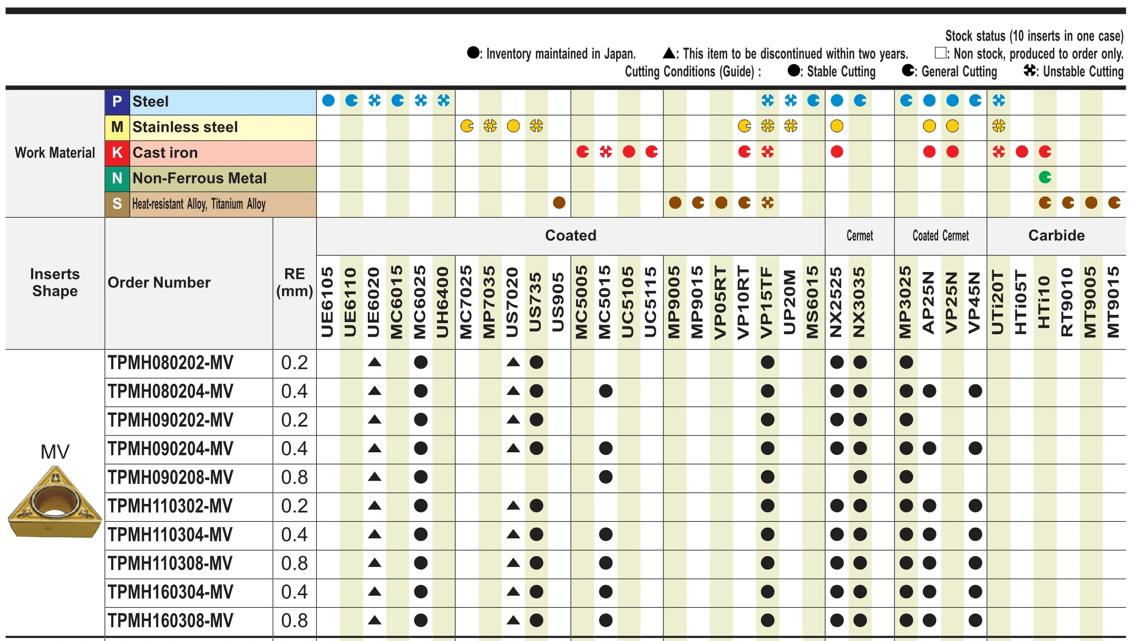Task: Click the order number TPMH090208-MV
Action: point(170,478)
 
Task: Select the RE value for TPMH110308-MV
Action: point(294,564)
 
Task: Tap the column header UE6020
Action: point(374,302)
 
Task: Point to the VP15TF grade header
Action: point(767,302)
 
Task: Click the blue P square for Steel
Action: point(117,102)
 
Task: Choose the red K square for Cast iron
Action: point(117,153)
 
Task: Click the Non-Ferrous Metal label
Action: point(199,179)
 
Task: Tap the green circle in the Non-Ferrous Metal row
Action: point(1045,178)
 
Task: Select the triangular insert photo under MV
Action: point(55,503)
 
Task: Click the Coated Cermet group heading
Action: point(940,236)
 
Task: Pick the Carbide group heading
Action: point(1056,236)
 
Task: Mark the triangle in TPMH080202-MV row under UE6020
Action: point(374,362)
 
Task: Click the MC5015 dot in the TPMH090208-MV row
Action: point(606,477)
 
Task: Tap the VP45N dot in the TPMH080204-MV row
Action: point(975,391)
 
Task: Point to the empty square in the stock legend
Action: point(940,53)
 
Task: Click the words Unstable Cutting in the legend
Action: point(1083,72)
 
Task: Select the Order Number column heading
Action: point(159,283)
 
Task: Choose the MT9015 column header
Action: point(1113,302)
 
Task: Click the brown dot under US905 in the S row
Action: point(559,203)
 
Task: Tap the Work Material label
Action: point(55,153)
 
